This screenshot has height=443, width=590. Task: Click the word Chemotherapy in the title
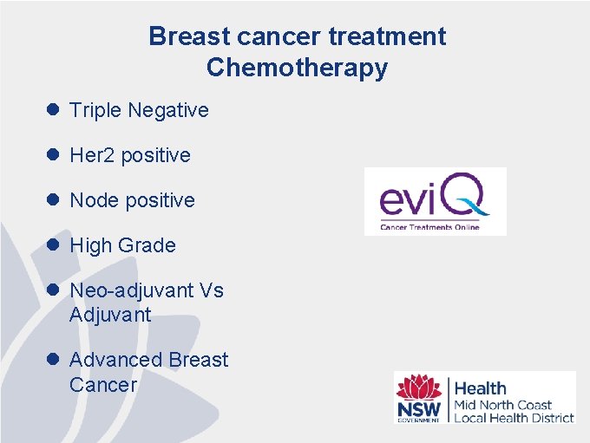(x=297, y=68)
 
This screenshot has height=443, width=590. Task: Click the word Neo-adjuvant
(x=131, y=290)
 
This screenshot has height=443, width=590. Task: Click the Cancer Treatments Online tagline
(x=430, y=227)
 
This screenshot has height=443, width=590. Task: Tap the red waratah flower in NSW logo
(x=419, y=387)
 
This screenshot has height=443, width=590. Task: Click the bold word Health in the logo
(x=481, y=388)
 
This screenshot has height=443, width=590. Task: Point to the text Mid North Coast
(x=503, y=405)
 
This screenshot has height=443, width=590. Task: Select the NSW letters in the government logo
(x=419, y=407)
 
